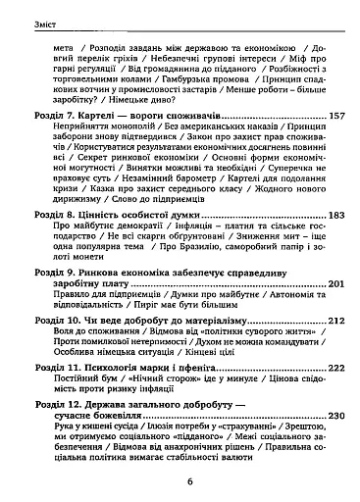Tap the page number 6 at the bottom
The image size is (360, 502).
coord(180,482)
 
